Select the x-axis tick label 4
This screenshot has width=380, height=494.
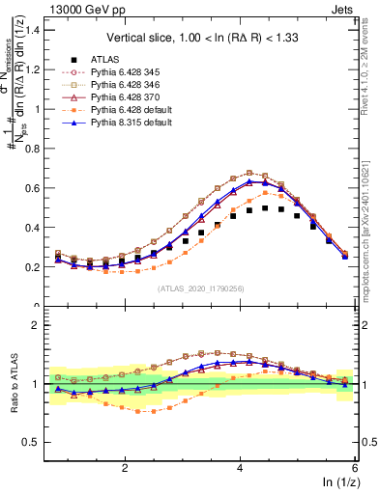coord(240,468)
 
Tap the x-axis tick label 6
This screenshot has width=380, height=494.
coord(355,468)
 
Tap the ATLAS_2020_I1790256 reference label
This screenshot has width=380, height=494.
coord(200,288)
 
